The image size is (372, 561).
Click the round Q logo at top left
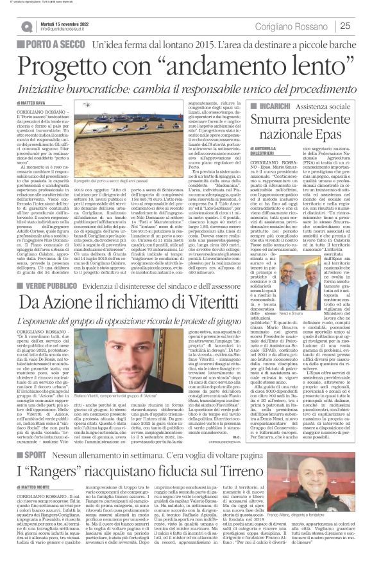[26, 26]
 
